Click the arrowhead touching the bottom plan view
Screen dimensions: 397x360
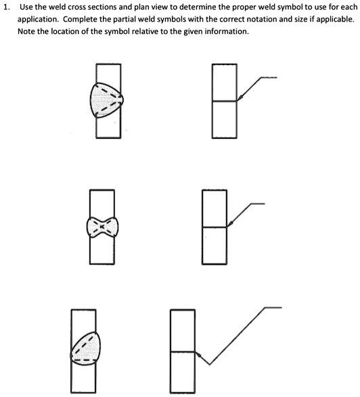[198, 353]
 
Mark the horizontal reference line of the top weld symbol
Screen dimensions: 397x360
[269, 77]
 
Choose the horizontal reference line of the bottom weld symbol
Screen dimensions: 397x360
[272, 307]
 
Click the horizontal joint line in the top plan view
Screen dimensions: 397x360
[224, 102]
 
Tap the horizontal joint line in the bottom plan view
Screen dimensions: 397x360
[182, 352]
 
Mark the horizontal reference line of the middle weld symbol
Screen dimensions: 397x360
[256, 203]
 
